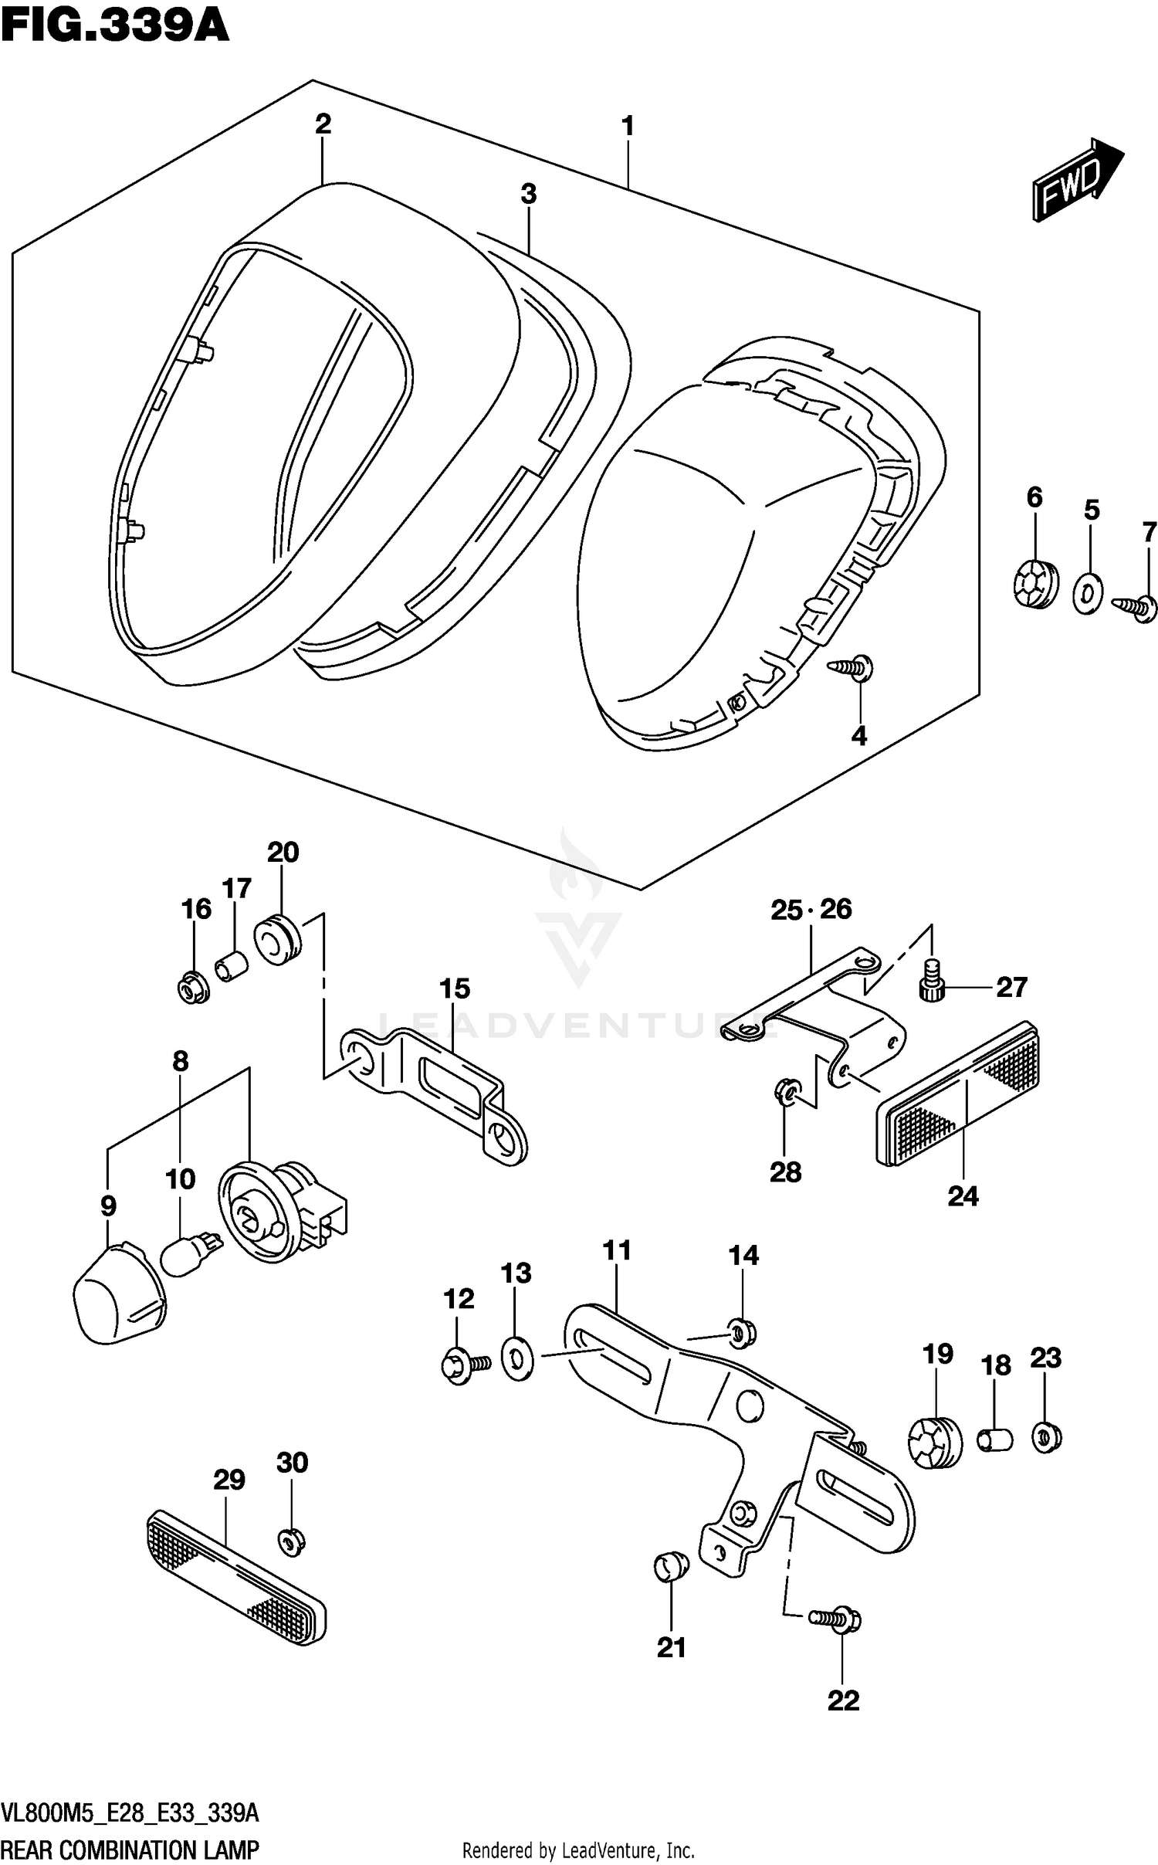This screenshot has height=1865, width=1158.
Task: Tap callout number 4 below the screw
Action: pos(858,735)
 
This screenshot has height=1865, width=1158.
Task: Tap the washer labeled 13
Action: pos(516,1359)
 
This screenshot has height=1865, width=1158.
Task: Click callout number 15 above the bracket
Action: pos(454,988)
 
